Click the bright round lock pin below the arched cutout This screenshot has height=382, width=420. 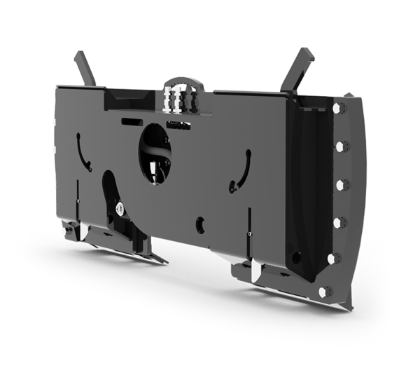pyautogui.click(x=120, y=207)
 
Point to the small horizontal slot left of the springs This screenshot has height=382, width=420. pyautogui.click(x=132, y=121)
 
